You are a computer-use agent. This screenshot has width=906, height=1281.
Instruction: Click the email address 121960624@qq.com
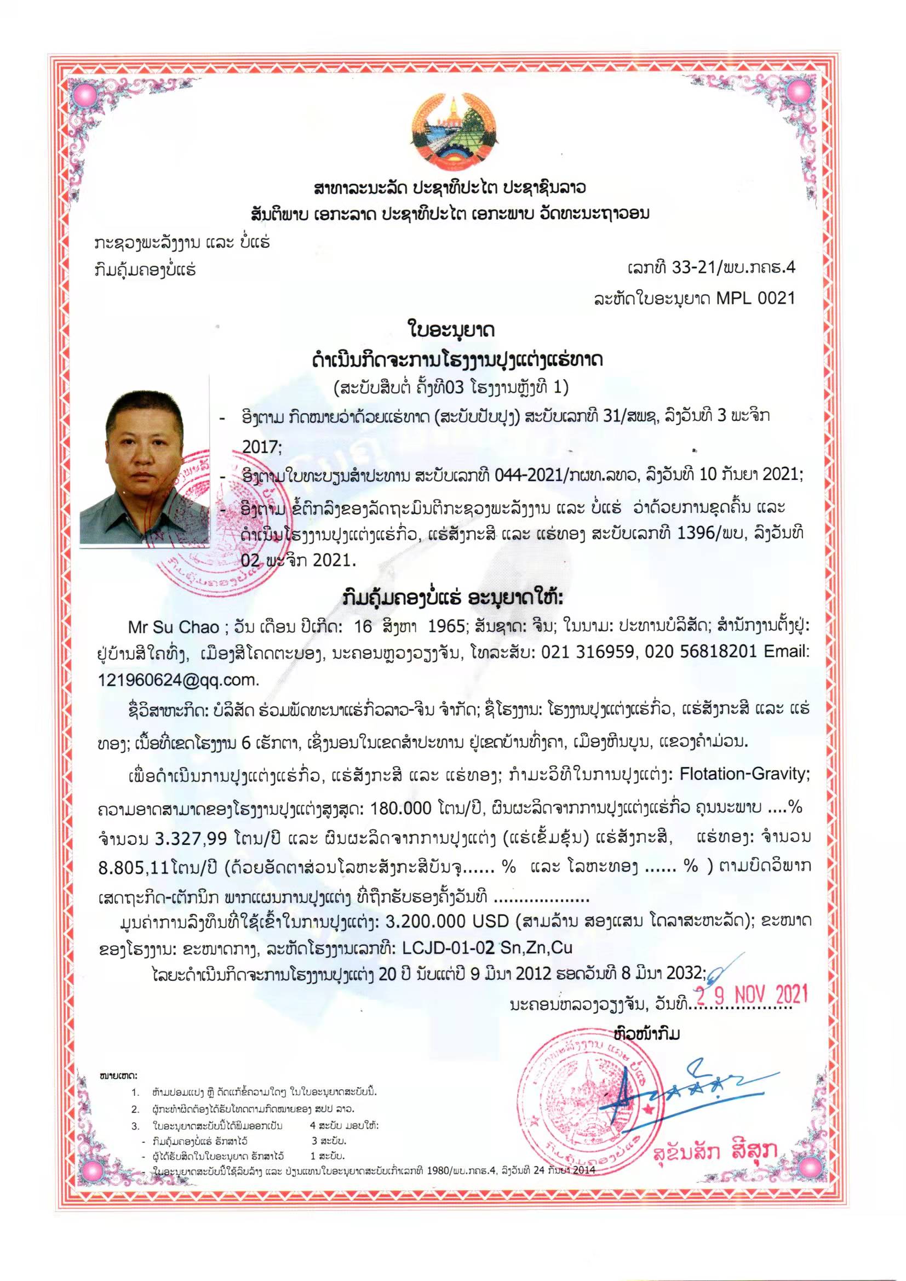point(179,680)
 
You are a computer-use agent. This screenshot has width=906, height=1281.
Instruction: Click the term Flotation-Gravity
point(744,774)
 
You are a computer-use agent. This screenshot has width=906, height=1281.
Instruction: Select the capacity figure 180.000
point(400,808)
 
